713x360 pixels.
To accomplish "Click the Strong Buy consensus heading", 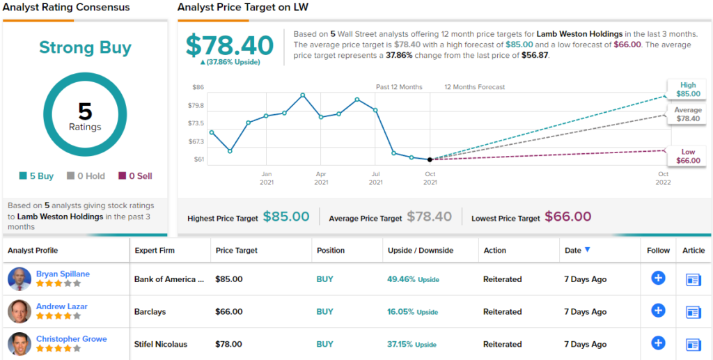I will tap(85, 48).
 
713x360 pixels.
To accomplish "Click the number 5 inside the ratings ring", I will tap(85, 111).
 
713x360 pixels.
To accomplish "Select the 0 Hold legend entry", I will tap(86, 176).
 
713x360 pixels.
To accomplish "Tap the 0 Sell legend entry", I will tap(136, 176).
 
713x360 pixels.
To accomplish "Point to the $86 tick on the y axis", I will tap(198, 87).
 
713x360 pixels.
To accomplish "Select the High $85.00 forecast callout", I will tap(687, 89).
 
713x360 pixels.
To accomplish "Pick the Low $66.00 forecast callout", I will tap(687, 156).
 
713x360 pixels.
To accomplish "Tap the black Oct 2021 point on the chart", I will tap(430, 159).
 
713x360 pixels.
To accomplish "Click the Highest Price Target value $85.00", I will tap(286, 217).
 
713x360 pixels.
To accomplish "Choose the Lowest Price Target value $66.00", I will tap(567, 217).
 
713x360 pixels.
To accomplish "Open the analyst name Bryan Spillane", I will tap(63, 274).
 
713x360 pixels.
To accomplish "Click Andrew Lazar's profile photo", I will tap(19, 311).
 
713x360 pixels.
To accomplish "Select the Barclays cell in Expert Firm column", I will tap(150, 312).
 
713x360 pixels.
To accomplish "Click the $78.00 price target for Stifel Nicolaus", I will tap(229, 344).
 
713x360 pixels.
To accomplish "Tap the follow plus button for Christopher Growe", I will tap(658, 343).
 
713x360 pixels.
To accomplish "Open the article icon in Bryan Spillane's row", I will tap(694, 280).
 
